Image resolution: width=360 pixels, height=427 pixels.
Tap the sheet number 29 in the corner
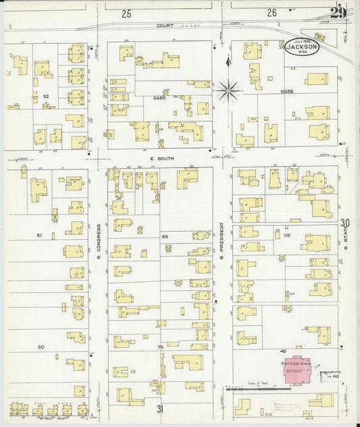(x=340, y=13)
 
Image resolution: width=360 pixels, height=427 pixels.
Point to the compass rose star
(x=228, y=87)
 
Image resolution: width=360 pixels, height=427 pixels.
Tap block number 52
(x=46, y=97)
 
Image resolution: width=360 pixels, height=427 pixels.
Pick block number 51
(x=39, y=235)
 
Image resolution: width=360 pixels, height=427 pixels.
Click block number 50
(x=41, y=347)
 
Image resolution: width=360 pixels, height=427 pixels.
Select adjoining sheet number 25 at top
(x=126, y=13)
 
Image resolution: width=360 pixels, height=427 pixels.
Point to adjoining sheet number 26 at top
(x=272, y=13)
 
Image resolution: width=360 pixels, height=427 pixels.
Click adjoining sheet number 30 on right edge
(x=345, y=224)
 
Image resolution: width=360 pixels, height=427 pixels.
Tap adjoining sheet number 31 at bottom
(x=161, y=409)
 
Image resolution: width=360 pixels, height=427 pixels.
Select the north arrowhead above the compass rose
(x=228, y=61)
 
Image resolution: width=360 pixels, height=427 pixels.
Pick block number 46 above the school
(x=284, y=351)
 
